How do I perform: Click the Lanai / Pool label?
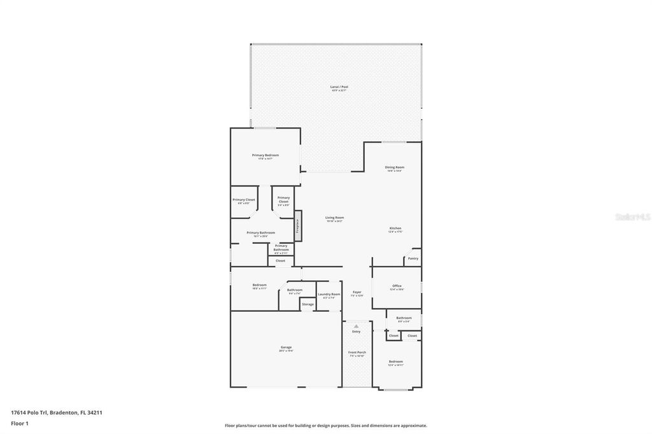(339, 87)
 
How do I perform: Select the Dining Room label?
(394, 168)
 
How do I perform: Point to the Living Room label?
(334, 218)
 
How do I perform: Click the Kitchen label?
(395, 229)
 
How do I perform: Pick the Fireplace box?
(297, 229)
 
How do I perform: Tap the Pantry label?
(413, 258)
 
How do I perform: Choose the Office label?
(397, 286)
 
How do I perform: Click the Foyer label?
(357, 293)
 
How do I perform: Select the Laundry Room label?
(329, 295)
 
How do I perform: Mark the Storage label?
(308, 305)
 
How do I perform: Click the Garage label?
(285, 347)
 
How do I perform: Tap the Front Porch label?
(357, 353)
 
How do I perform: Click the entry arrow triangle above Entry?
(357, 326)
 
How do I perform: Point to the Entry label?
(356, 332)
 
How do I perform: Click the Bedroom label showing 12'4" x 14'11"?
(395, 362)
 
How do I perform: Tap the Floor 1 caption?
(20, 423)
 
